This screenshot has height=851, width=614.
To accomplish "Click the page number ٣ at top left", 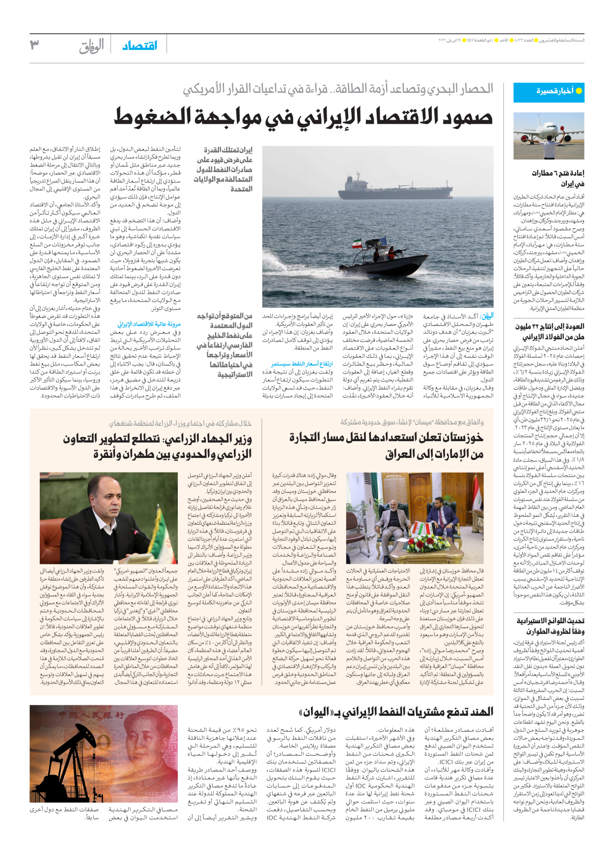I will [34, 45].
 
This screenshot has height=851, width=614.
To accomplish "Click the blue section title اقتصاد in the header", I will [140, 46].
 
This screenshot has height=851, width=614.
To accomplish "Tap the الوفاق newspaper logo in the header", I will [92, 46].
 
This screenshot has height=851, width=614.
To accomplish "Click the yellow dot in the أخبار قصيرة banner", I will [579, 91].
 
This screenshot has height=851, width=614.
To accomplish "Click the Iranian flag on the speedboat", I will [357, 243].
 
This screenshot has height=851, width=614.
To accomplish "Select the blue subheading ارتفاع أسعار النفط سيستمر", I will [302, 364].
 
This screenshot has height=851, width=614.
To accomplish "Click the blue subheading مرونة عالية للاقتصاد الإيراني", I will [149, 324].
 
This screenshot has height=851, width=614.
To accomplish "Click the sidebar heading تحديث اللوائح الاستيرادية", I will [550, 621].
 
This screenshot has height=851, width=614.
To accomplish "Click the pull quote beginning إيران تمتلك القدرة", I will [224, 169].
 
